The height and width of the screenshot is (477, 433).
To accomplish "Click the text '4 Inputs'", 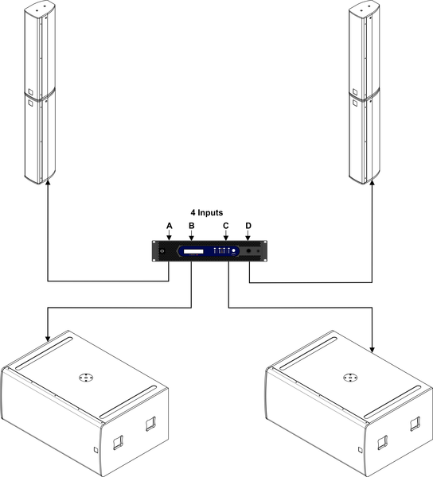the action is pyautogui.click(x=207, y=212).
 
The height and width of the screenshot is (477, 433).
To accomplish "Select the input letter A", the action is pyautogui.click(x=170, y=226).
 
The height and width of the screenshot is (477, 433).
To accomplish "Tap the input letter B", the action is pyautogui.click(x=192, y=226).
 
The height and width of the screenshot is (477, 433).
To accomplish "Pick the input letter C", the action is pyautogui.click(x=225, y=226).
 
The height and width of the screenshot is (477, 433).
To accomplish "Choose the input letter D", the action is pyautogui.click(x=248, y=226).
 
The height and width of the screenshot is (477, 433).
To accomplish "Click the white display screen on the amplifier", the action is pyautogui.click(x=193, y=251).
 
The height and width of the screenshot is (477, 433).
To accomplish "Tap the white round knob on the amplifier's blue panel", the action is pyautogui.click(x=234, y=250).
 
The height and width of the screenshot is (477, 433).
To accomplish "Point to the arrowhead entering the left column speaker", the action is pyautogui.click(x=48, y=183).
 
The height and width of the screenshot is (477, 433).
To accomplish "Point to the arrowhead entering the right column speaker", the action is pyautogui.click(x=372, y=183).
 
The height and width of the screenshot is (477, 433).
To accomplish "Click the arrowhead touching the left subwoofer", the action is pyautogui.click(x=48, y=339).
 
